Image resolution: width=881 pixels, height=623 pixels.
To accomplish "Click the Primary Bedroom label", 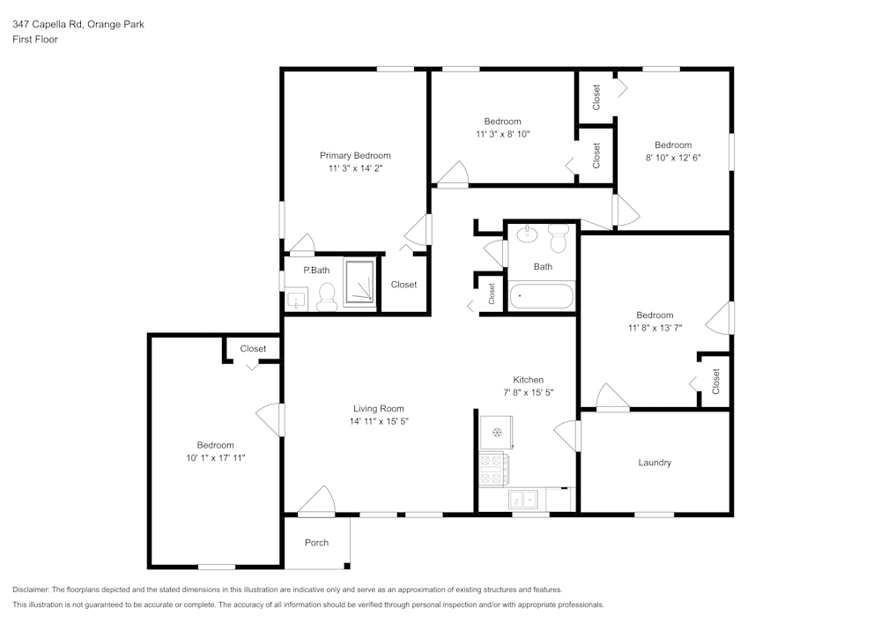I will tap(355, 155).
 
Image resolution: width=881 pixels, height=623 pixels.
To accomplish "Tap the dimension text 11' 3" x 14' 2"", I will tap(355, 167).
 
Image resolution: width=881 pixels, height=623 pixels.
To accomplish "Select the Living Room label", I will tap(379, 408).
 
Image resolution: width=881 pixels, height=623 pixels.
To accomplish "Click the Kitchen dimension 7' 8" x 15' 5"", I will tap(529, 392).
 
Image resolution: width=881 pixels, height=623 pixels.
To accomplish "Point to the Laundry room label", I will tap(655, 463).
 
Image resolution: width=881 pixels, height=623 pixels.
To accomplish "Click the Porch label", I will tap(316, 542).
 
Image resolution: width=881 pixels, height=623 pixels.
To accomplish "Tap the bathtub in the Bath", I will tap(542, 295).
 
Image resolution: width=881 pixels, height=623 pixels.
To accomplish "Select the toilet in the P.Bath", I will tap(326, 296).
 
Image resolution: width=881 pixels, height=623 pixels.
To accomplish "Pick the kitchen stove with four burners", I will tap(492, 468).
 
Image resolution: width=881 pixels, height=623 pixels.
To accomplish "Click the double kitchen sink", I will tap(525, 500).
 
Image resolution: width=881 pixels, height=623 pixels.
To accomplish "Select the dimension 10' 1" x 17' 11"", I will tap(215, 458).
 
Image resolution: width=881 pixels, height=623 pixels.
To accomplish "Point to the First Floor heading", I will tap(35, 40).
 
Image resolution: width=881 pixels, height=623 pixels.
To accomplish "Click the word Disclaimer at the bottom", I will tap(31, 590).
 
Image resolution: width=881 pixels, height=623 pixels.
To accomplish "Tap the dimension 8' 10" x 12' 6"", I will tap(672, 158).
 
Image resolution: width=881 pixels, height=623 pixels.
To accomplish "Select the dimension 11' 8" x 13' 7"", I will tap(655, 328).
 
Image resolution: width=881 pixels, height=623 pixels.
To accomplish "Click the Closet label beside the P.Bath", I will tap(403, 285).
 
